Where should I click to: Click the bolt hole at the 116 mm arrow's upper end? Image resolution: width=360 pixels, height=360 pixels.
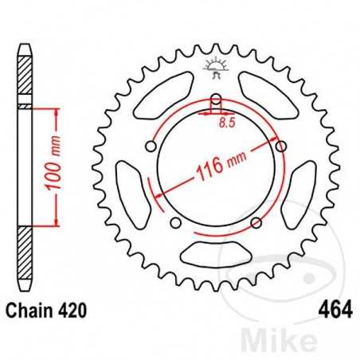tap(280, 145)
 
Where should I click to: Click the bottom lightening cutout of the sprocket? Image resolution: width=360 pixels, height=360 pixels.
tap(214, 255)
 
